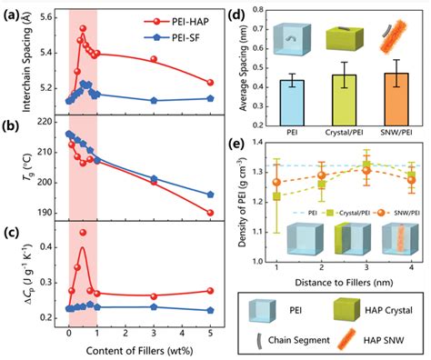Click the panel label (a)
(x=12, y=12)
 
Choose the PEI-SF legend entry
(x=180, y=35)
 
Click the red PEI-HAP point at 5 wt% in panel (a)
(x=211, y=83)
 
